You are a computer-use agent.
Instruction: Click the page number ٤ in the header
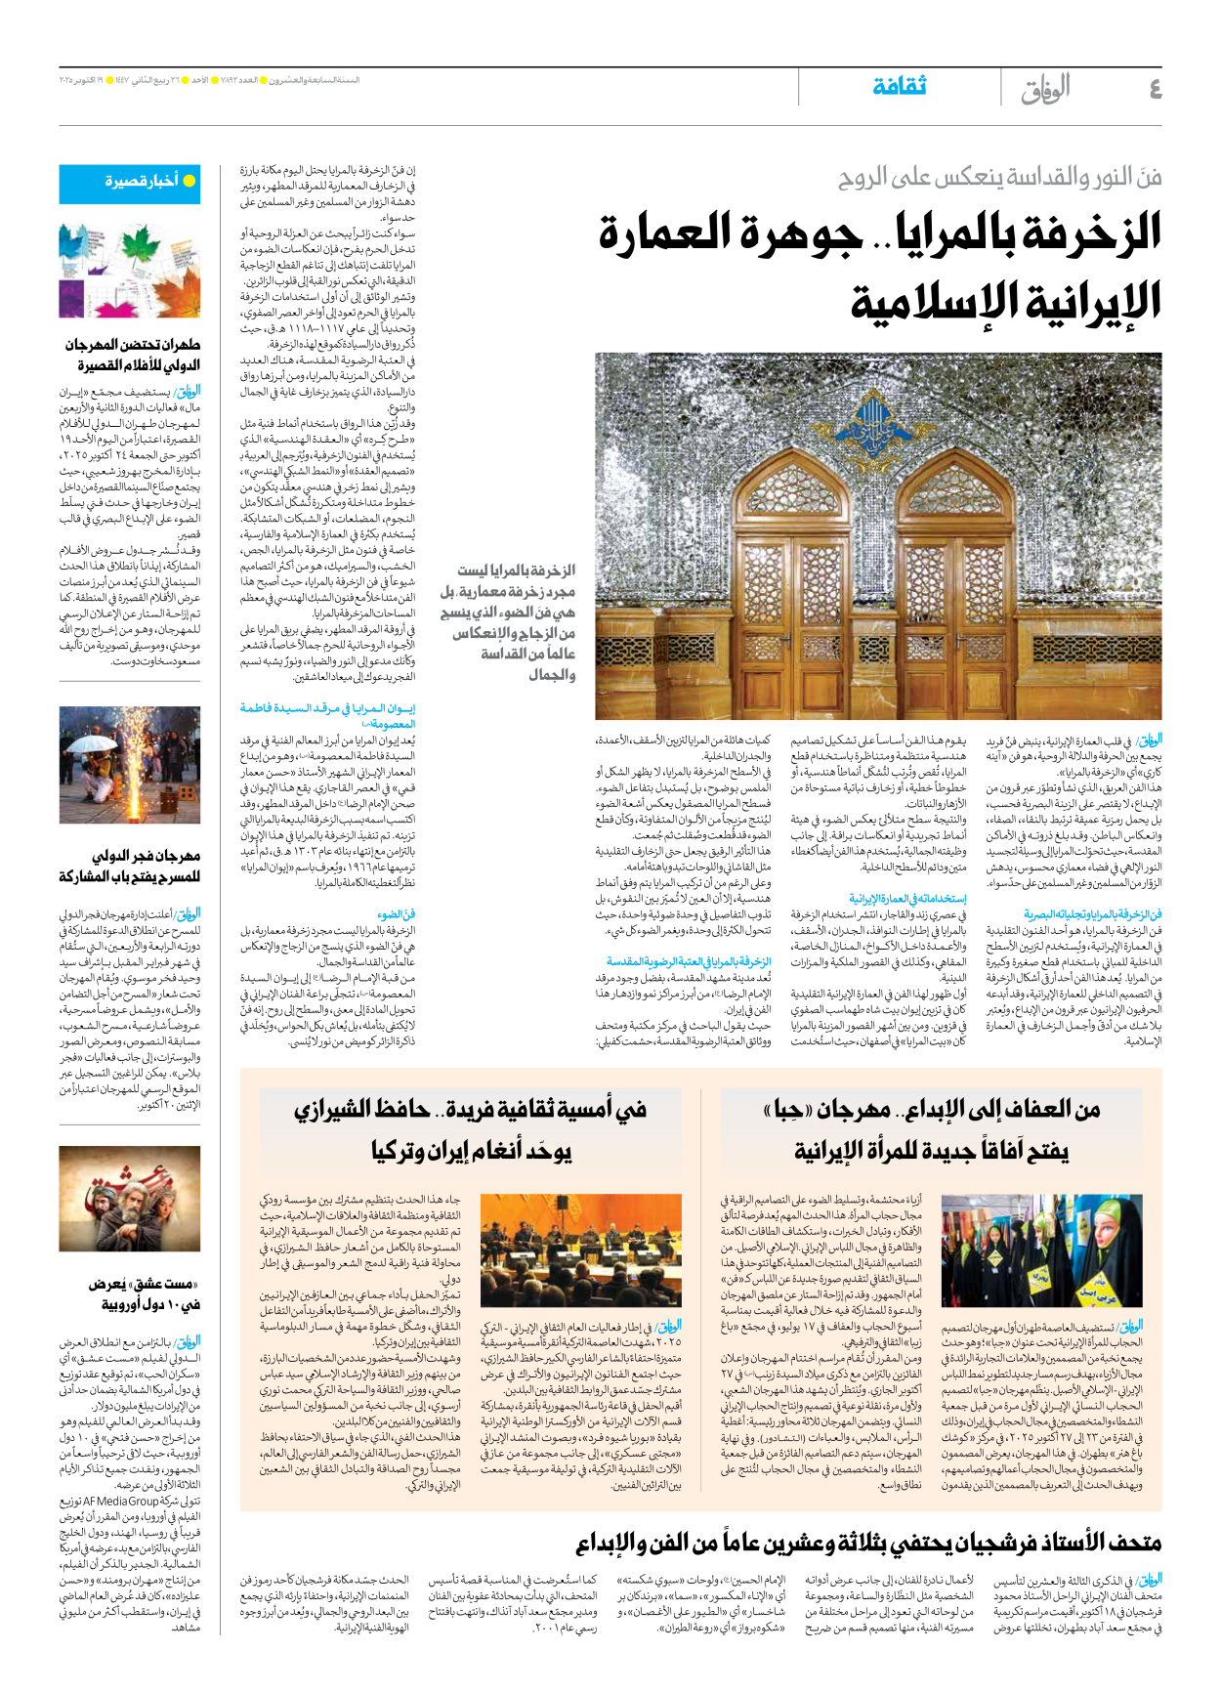1155,89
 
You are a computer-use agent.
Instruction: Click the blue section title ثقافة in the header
899,86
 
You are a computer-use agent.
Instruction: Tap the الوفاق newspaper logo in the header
1045,89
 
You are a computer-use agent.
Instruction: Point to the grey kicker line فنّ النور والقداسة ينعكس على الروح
999,178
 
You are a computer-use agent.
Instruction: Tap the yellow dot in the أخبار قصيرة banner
189,181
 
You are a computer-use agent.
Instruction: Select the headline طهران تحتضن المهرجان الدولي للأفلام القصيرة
133,356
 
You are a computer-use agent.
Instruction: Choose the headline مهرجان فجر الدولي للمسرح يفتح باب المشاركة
131,867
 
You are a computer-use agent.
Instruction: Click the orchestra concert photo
581,1251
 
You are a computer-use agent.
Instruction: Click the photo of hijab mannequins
1041,1251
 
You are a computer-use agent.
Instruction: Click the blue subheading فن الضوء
397,914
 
